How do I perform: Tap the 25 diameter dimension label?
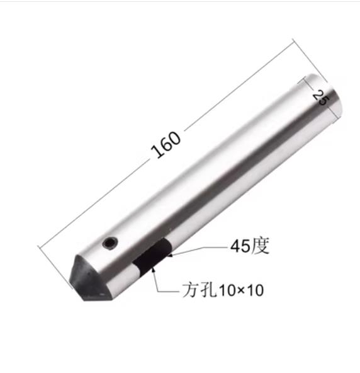click(x=318, y=98)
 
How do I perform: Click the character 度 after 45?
click(x=260, y=246)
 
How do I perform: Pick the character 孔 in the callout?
click(x=208, y=290)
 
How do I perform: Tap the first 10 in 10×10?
click(x=226, y=291)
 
